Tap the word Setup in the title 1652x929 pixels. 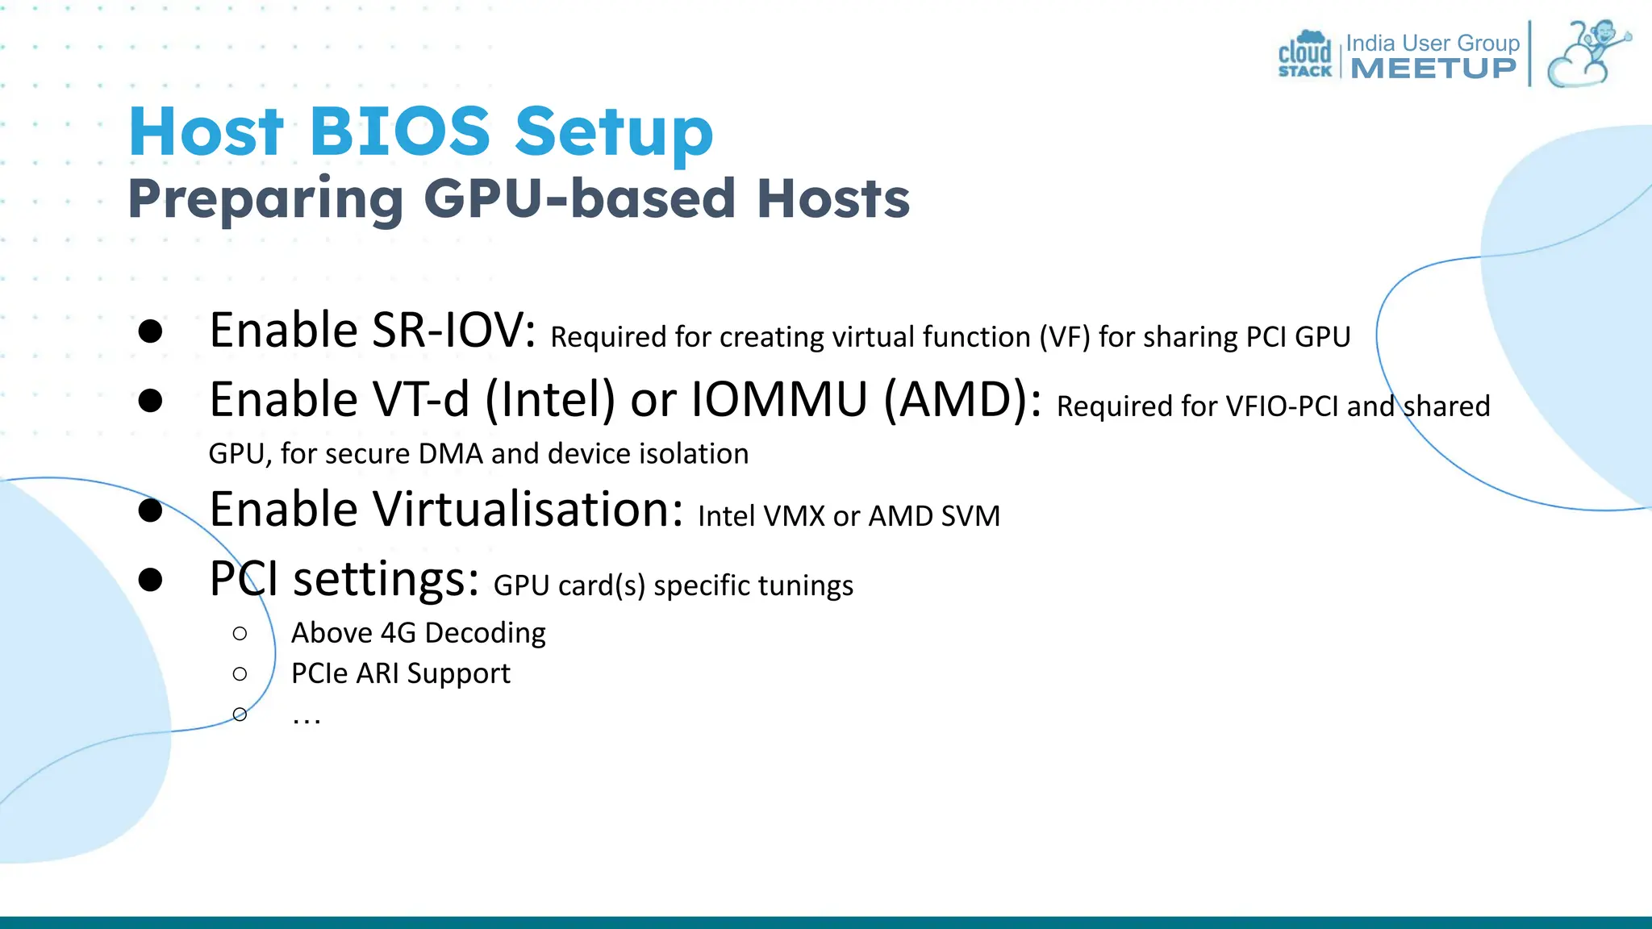[x=614, y=133]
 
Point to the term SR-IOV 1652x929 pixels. [x=448, y=331]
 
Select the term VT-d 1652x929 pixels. [x=420, y=400]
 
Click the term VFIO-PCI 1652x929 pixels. [x=1282, y=406]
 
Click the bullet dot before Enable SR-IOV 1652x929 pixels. [x=151, y=331]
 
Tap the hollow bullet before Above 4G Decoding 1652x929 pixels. [x=240, y=634]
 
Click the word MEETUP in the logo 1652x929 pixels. [x=1433, y=69]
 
